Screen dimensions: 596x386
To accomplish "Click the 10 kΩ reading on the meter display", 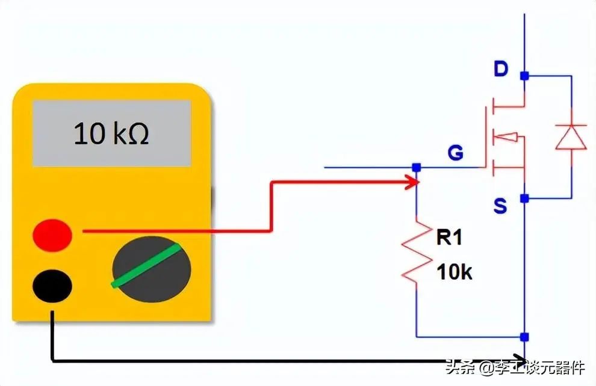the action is (x=111, y=133).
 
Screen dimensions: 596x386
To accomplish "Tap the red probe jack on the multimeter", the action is (x=52, y=235).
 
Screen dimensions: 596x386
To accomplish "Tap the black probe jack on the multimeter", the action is (x=52, y=286).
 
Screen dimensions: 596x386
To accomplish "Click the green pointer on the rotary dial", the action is (x=146, y=265).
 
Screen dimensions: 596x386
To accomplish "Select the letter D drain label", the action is (x=501, y=69).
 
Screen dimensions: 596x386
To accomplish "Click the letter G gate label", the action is (x=455, y=153).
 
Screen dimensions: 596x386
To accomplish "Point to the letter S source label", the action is (x=500, y=206).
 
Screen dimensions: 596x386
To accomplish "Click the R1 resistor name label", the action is (x=449, y=237).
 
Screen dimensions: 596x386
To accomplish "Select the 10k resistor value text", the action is (x=454, y=272).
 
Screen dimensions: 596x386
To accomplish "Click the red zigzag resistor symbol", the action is (x=417, y=253).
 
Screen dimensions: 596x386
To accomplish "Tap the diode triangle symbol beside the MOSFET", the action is (x=571, y=136).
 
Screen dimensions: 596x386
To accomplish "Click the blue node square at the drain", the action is (x=524, y=76).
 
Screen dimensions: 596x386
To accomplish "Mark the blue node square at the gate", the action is (x=417, y=167).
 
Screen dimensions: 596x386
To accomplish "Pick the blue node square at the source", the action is (x=524, y=198).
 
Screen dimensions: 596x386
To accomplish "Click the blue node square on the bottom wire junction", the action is (x=524, y=337).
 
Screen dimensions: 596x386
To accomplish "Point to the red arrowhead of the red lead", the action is (x=413, y=182).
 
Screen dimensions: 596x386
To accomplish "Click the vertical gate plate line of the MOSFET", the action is (x=486, y=136).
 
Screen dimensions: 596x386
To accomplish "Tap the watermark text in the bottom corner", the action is (x=515, y=367).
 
